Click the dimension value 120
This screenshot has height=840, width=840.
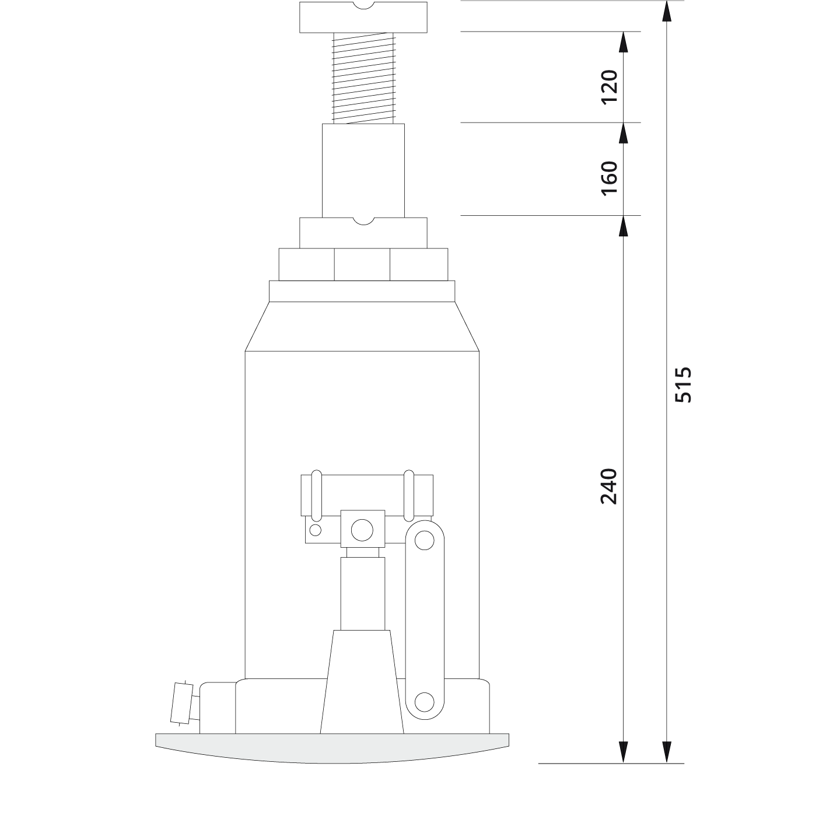click(x=608, y=86)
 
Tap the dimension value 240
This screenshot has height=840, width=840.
click(x=608, y=485)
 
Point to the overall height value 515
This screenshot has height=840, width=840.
click(x=682, y=384)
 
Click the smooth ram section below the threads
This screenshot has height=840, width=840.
click(x=363, y=170)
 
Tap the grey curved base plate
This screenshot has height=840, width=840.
click(x=332, y=747)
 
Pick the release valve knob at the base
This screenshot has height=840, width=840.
click(x=181, y=702)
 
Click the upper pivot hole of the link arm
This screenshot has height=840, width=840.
click(x=424, y=539)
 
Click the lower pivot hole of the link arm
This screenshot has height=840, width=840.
click(x=424, y=701)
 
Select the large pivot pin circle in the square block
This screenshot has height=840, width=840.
click(x=362, y=530)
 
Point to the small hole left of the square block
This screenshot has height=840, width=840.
click(x=316, y=530)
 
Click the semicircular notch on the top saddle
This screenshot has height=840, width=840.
click(x=363, y=6)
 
